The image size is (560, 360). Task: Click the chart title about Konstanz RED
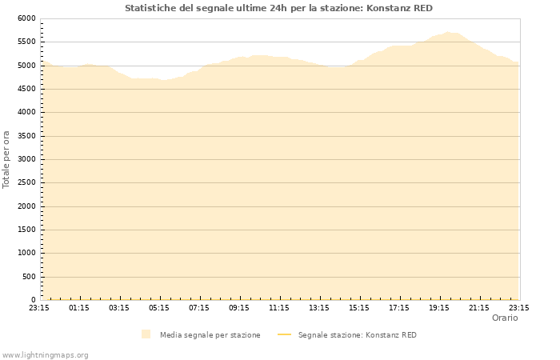278,8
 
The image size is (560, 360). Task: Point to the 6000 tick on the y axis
26,18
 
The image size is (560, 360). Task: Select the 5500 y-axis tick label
26,42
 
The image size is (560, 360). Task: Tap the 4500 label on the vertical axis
26,89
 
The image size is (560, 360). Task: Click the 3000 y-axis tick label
26,159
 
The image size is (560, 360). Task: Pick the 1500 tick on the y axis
26,230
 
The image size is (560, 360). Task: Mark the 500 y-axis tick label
29,277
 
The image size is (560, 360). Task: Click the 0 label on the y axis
33,300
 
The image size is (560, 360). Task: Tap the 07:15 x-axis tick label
199,307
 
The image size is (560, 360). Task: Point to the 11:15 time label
279,307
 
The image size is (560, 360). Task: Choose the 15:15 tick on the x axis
359,307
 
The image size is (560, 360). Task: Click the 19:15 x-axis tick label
439,307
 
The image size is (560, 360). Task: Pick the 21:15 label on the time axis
479,307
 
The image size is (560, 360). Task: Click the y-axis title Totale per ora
7,159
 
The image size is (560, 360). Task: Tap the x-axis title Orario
505,318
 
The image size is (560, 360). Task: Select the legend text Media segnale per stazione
210,335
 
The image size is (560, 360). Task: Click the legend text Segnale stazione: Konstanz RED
358,335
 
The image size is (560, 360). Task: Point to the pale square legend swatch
146,334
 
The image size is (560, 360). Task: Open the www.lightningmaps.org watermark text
46,354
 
